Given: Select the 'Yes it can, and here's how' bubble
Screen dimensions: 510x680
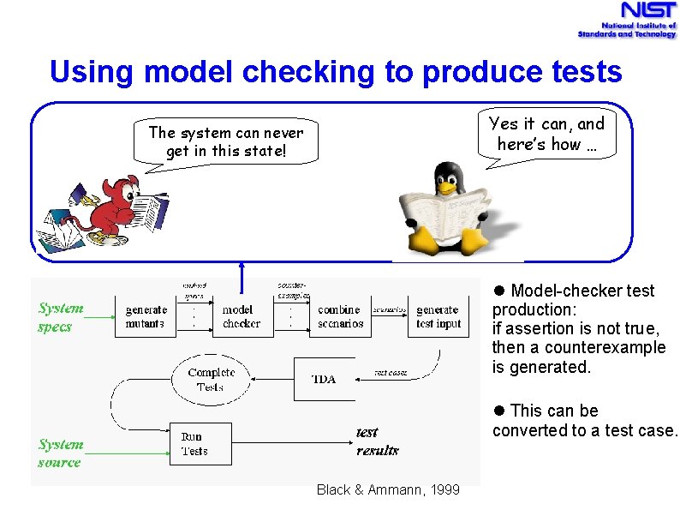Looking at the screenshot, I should tap(546, 134).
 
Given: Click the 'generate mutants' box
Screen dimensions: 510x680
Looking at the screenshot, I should tap(146, 317).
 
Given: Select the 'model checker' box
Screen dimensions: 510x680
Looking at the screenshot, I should tap(242, 317).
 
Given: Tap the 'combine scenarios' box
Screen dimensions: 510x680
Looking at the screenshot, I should tap(340, 317).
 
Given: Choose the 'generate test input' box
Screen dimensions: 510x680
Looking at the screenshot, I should tap(438, 317).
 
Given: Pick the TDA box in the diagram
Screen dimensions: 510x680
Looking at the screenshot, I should tap(324, 379).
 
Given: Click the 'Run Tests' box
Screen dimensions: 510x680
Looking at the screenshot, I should tap(200, 443).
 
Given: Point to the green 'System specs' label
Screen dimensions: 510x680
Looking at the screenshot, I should tap(61, 317).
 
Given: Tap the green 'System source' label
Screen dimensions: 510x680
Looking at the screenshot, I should tap(61, 453).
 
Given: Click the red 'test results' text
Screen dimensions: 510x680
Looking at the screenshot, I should tap(377, 441).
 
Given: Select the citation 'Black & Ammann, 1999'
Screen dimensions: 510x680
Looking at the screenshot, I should tap(388, 489).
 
